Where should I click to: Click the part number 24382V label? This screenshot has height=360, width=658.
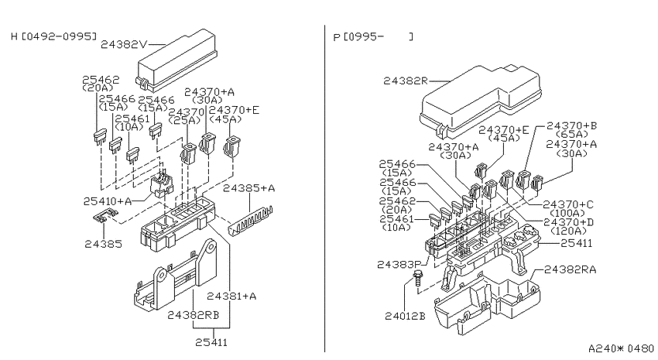(124, 44)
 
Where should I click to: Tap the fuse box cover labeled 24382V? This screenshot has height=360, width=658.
(176, 60)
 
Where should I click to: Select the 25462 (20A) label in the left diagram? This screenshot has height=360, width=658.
(101, 83)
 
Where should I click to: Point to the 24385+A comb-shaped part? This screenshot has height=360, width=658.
(251, 220)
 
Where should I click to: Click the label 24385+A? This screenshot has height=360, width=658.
(248, 188)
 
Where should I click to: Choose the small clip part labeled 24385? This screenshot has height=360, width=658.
(104, 216)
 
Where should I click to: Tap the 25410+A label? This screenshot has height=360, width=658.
(108, 201)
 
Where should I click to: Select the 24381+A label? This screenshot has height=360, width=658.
(231, 297)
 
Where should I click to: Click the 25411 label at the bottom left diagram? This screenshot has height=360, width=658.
(211, 342)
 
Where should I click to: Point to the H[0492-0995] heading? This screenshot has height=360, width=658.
(53, 36)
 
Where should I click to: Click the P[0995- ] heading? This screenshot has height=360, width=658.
(373, 37)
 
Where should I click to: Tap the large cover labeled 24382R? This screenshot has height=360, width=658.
(481, 101)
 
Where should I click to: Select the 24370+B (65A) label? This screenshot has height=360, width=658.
(571, 129)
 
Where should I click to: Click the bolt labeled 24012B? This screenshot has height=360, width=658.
(418, 279)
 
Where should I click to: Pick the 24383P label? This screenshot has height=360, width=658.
(399, 264)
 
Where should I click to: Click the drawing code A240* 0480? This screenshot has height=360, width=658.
(621, 348)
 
